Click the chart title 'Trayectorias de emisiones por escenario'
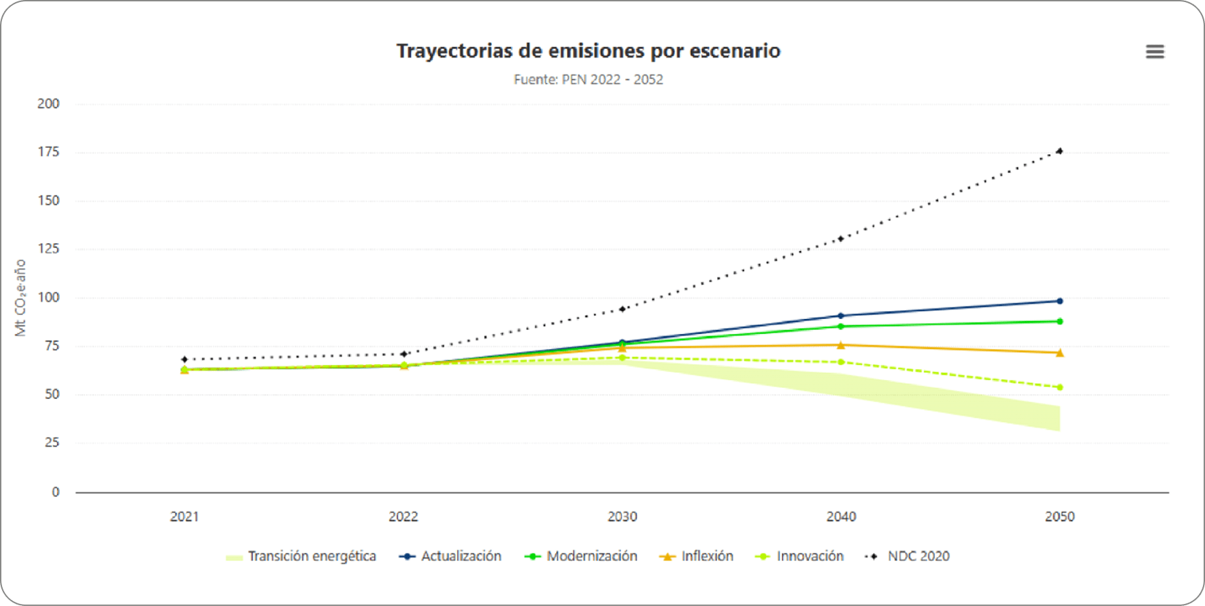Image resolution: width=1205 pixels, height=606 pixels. click(588, 51)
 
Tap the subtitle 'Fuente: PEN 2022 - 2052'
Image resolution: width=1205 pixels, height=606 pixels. click(588, 80)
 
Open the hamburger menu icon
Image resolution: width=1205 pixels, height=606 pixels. click(1155, 52)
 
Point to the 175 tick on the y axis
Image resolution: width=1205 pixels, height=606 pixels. click(48, 152)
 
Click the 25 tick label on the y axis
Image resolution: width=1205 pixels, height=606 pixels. click(52, 442)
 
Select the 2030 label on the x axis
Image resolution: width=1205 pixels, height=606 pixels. click(622, 517)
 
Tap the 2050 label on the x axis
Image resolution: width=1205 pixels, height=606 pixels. click(1059, 517)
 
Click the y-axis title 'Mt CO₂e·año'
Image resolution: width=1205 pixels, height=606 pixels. click(20, 297)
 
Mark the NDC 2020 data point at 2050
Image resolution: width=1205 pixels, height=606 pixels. click(1059, 151)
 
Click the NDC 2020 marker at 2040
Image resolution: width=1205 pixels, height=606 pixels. click(840, 239)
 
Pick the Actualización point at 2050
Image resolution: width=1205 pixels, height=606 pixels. click(1059, 301)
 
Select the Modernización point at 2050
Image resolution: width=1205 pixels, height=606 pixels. click(1059, 321)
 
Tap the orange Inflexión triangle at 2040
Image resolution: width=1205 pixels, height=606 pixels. click(840, 345)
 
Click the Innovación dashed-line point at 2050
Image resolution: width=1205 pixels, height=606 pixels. click(1059, 387)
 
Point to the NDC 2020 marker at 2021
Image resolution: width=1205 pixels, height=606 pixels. click(184, 359)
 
